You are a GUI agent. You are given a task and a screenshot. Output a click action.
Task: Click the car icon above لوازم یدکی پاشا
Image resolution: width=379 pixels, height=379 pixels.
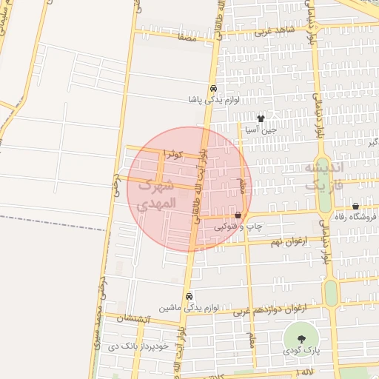coord(212,87)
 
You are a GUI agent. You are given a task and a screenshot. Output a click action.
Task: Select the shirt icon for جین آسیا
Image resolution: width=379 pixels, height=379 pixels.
coord(260,118)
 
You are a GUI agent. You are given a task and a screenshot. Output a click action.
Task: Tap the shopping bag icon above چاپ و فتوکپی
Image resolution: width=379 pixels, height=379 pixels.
coord(237,215)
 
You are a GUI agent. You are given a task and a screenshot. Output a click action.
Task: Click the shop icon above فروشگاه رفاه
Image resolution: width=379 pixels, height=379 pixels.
coord(355,206)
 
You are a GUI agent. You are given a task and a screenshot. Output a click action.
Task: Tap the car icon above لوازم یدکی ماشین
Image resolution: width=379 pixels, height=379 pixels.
coord(189,295)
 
